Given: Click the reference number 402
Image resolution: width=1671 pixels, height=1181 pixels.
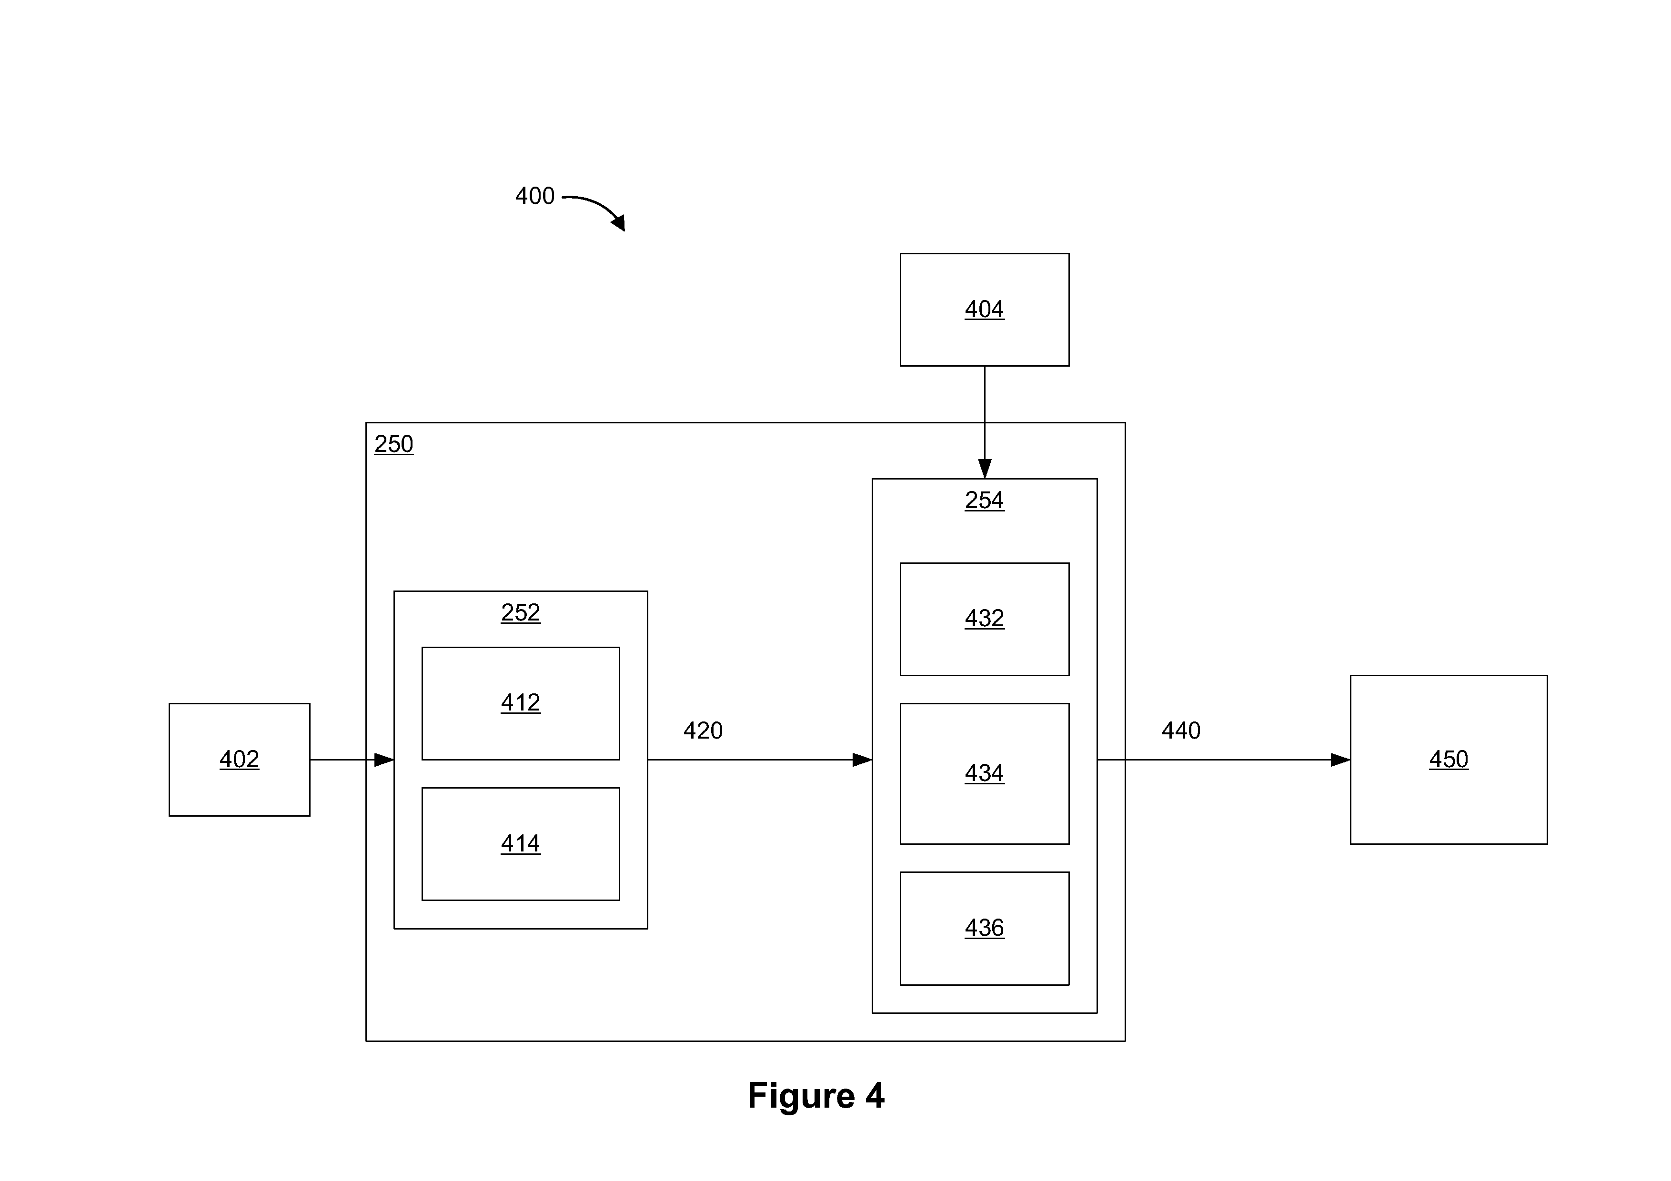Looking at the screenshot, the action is coord(240,760).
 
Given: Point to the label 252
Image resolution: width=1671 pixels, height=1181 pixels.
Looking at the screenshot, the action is coord(520,613).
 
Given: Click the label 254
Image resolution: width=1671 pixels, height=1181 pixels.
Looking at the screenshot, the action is coord(985,500).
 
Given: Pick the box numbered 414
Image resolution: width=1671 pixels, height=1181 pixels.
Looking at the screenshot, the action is coord(520,844).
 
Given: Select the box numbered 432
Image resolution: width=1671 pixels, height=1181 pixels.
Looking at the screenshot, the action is coord(985,619).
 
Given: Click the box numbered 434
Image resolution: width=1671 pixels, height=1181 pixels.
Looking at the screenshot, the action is coord(985,773).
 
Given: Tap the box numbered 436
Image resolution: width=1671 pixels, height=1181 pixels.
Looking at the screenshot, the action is coord(985,929).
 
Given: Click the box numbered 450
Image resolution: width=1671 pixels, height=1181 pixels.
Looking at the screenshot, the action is coord(1448,760).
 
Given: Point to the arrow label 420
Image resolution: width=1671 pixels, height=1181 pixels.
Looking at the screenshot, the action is coord(703,731).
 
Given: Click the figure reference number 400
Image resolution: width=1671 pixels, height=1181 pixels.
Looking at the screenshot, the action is coord(535,196).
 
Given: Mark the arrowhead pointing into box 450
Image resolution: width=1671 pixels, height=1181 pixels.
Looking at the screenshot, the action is coord(1340,760).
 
